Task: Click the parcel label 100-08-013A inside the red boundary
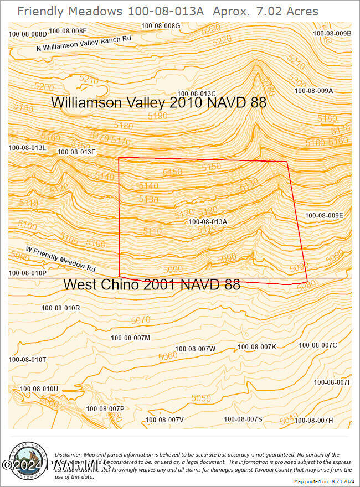[208, 221]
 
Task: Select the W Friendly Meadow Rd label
[61, 258]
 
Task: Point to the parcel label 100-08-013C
[196, 94]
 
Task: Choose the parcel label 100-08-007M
[130, 338]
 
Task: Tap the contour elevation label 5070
[141, 320]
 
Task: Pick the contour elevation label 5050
[201, 398]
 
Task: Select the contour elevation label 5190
[158, 116]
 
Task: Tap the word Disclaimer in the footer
[68, 454]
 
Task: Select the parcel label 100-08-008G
[161, 26]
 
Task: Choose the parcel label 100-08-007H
[329, 420]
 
